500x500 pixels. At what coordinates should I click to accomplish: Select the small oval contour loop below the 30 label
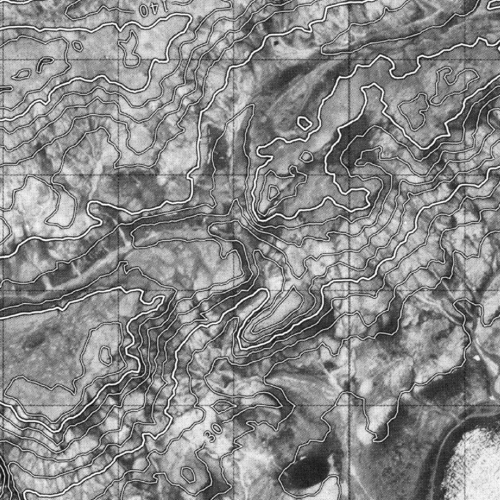[x=188, y=473]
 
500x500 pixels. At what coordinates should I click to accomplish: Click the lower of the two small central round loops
[x=306, y=156]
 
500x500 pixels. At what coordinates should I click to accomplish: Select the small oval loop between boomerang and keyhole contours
[x=77, y=45]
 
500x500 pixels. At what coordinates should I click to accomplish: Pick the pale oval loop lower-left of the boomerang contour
[x=22, y=74]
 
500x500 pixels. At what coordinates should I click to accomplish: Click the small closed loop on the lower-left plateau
[x=104, y=355]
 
